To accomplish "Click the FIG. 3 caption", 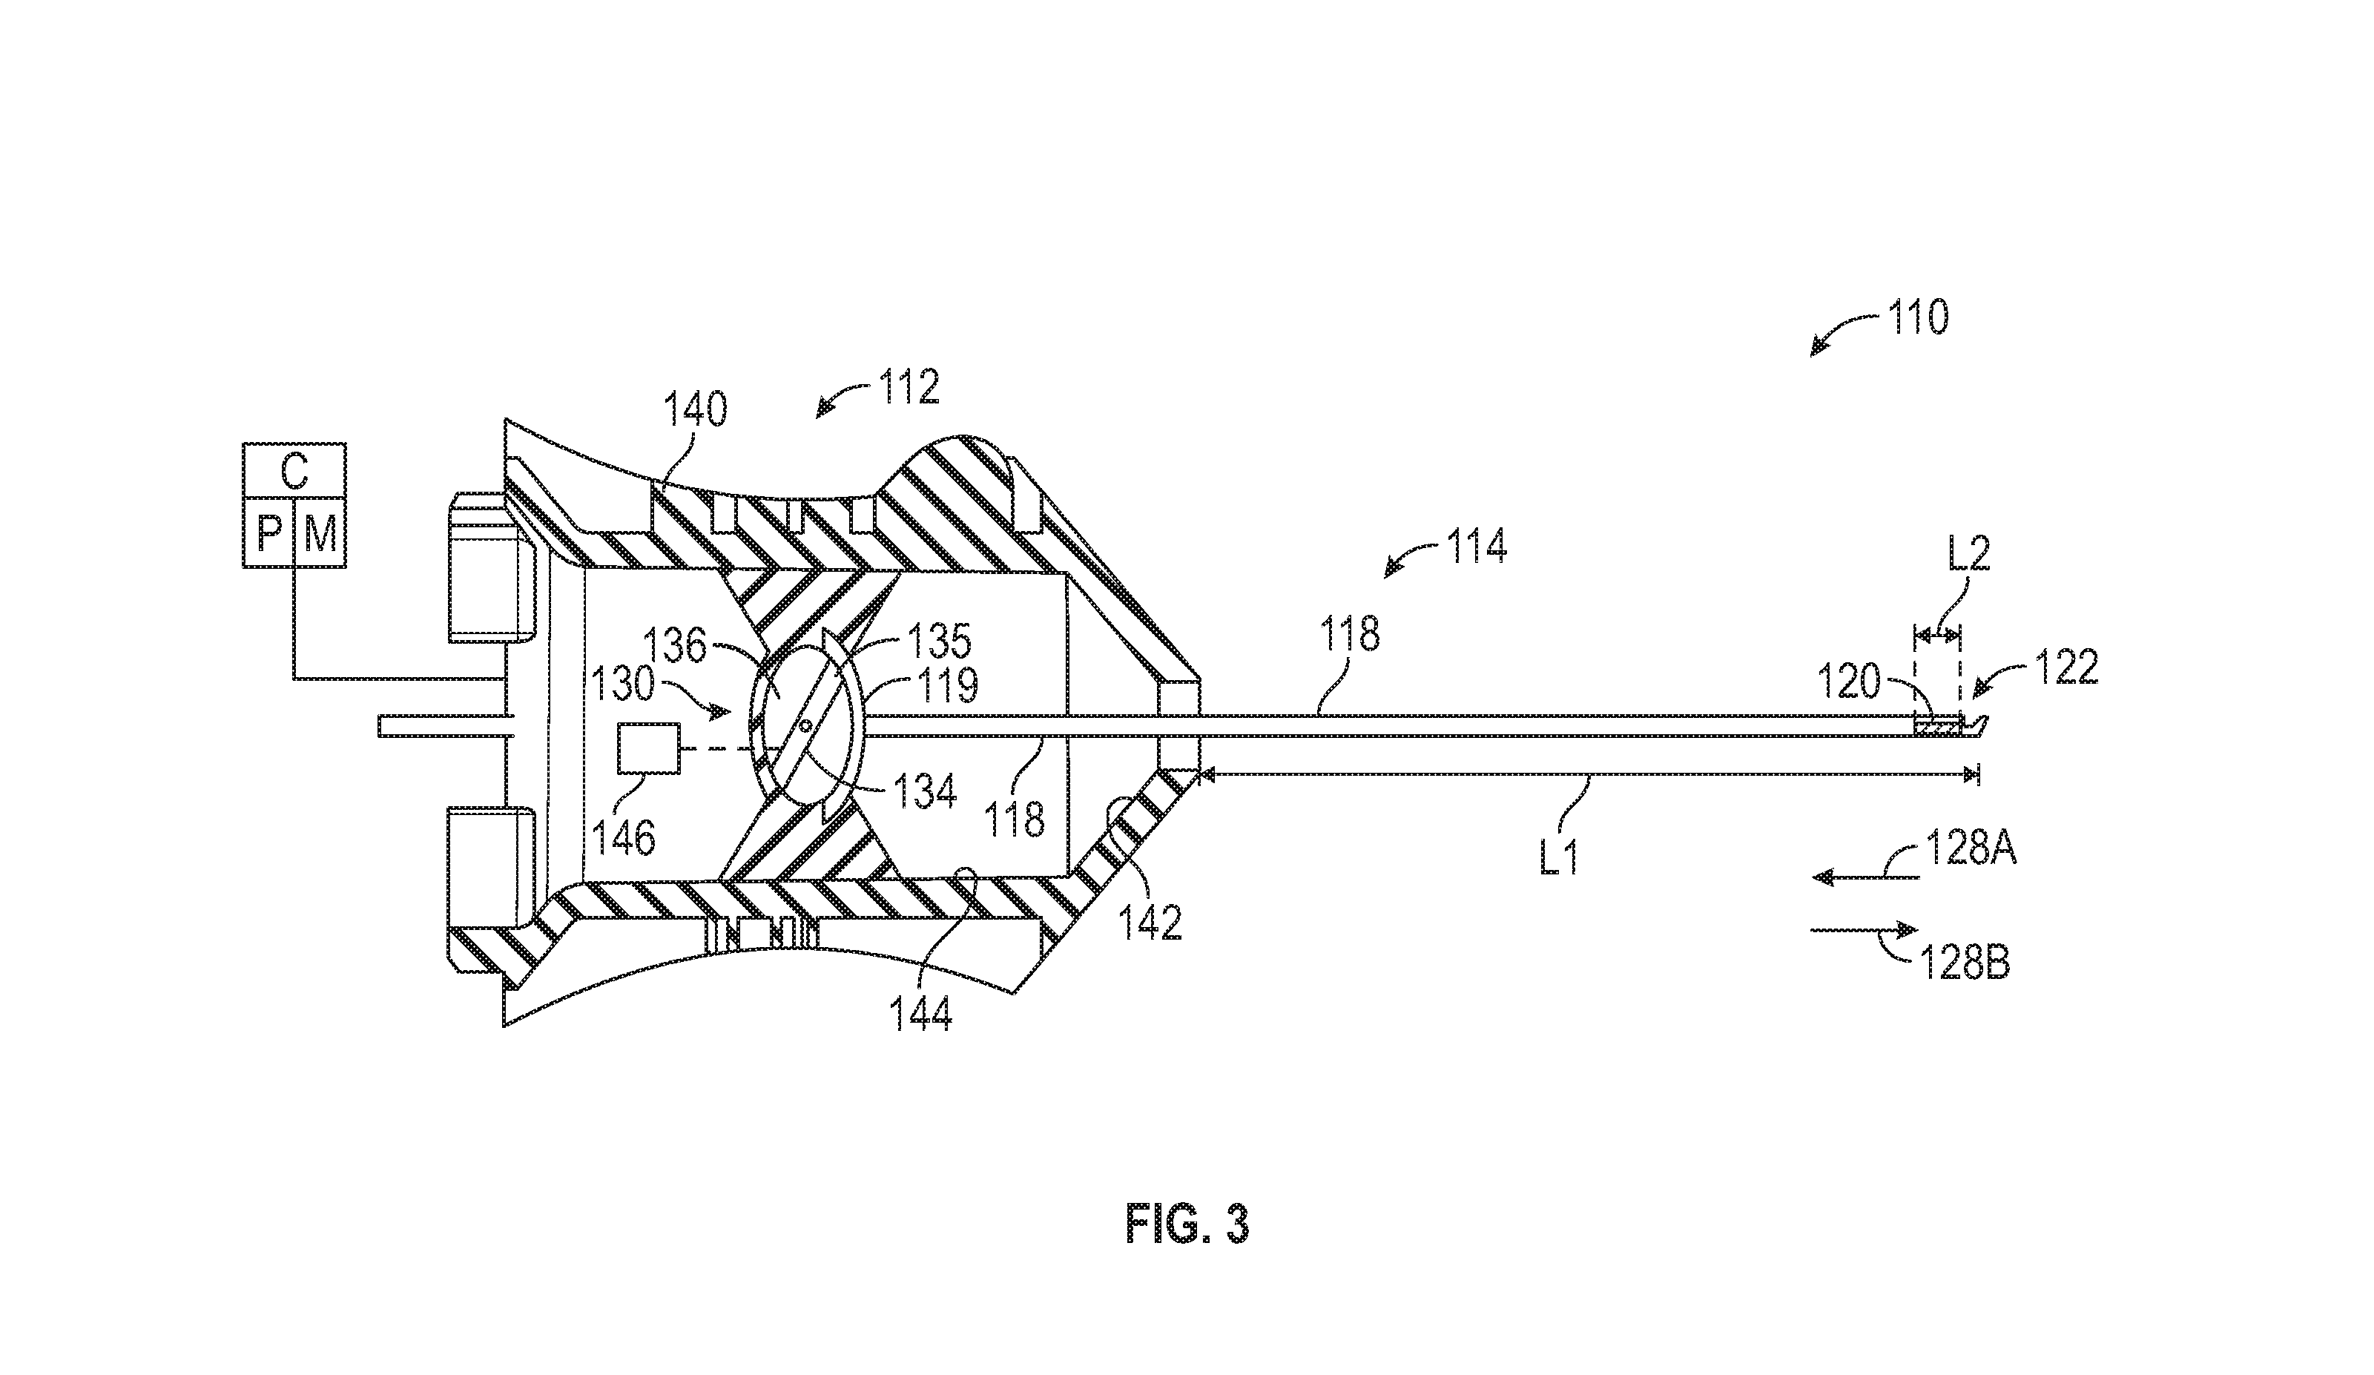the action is tap(1187, 1224).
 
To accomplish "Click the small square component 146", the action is tap(648, 749).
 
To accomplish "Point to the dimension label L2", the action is tap(1968, 554).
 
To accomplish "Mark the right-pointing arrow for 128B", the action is tap(1864, 931).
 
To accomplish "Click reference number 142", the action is tap(1151, 923).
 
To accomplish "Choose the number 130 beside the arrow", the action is tap(624, 685).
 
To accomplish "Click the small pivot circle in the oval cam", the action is tap(805, 726).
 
